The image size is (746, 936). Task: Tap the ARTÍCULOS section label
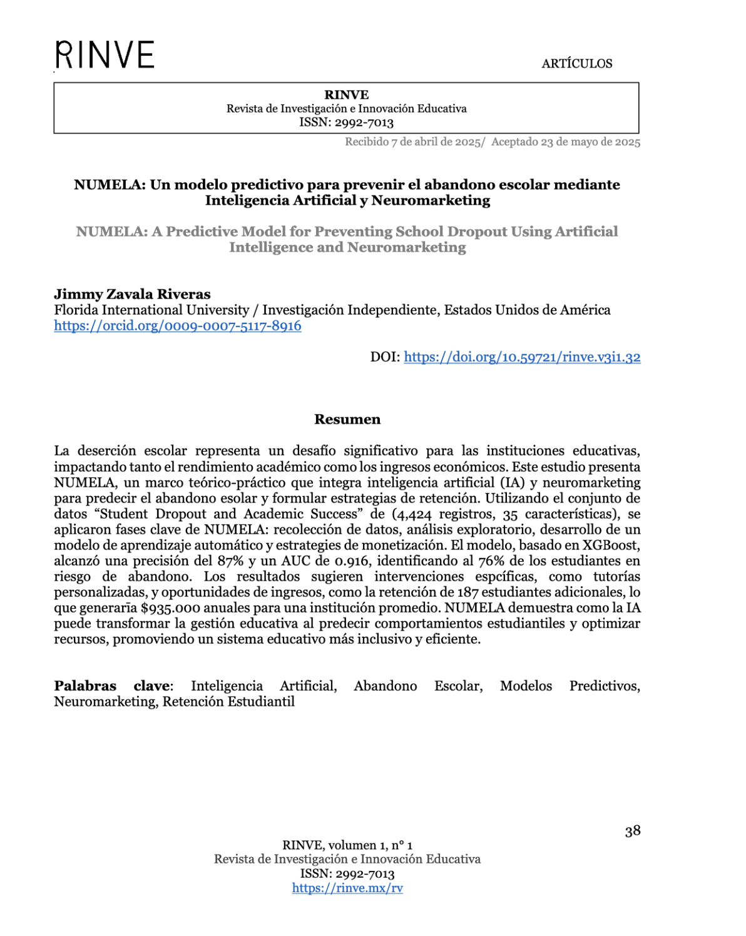(576, 63)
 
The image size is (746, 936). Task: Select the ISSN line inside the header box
(346, 123)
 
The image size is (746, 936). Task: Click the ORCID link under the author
(178, 326)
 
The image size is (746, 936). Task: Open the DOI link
(522, 357)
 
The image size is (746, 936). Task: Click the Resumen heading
(347, 419)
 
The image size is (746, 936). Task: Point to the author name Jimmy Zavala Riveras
(132, 294)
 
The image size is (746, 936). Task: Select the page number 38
(632, 831)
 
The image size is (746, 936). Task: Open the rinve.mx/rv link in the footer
(347, 888)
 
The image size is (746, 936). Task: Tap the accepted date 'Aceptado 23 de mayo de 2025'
(566, 142)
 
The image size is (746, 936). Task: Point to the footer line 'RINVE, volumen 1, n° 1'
(347, 845)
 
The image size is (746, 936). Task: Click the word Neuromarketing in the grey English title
(407, 247)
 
